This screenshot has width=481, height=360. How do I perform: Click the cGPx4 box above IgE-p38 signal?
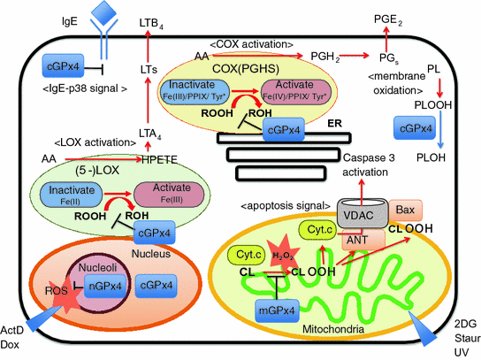[x=65, y=65]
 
